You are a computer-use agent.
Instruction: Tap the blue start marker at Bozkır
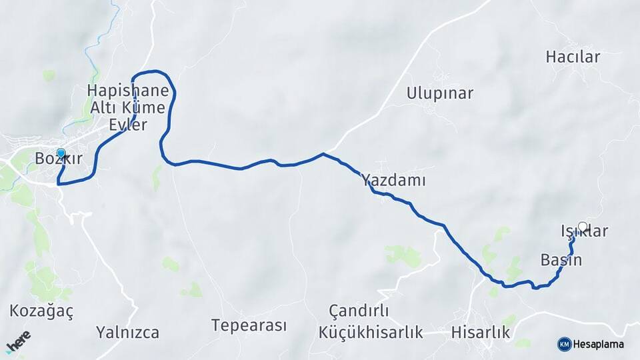click(x=61, y=153)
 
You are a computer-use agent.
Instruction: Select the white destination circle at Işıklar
click(x=583, y=227)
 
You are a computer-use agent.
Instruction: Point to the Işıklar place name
click(x=584, y=232)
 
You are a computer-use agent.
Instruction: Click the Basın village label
click(x=561, y=260)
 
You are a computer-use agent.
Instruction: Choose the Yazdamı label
click(x=393, y=180)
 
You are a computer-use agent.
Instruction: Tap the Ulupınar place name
click(x=440, y=93)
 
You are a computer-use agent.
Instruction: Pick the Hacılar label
click(x=573, y=57)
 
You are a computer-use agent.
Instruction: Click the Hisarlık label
click(x=481, y=332)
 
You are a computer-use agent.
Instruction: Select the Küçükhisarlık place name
click(x=371, y=332)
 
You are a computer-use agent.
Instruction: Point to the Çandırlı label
click(x=359, y=311)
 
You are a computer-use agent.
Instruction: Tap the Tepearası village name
click(x=249, y=325)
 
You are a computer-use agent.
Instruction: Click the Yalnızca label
click(x=127, y=332)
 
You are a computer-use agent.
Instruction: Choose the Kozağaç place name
click(x=41, y=311)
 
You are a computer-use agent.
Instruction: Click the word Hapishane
click(x=128, y=91)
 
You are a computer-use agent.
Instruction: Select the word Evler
click(x=128, y=125)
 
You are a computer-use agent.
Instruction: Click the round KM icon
click(x=564, y=344)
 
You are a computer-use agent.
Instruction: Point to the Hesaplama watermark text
click(x=599, y=344)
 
